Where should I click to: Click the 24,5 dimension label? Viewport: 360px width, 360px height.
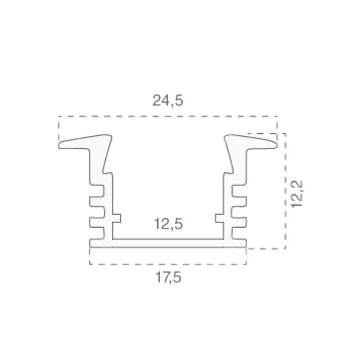coord(168,100)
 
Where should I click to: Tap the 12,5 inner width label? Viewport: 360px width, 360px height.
coord(168,224)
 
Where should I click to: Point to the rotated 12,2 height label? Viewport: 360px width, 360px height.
coord(297,194)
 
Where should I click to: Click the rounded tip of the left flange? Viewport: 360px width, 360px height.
coord(60,145)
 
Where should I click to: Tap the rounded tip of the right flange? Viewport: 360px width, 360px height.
coord(275,145)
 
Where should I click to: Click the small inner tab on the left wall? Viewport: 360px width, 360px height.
coord(117,218)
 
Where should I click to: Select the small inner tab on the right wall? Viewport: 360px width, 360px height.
coord(219,218)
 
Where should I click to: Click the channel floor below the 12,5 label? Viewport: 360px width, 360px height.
coord(168,243)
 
